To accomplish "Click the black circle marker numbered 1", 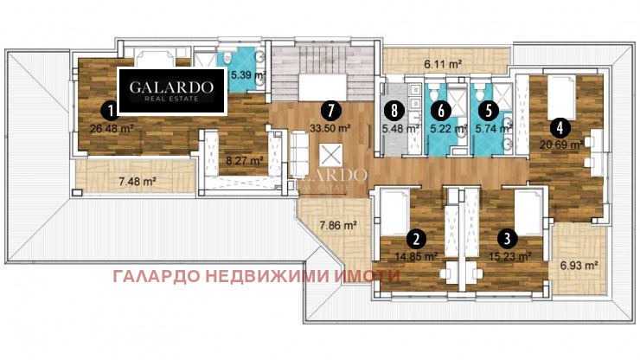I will click(x=109, y=110).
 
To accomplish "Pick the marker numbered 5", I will click(x=489, y=110).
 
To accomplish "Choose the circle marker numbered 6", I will click(x=441, y=110).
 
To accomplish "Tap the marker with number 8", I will click(x=394, y=110).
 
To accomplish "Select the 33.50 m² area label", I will click(x=330, y=129).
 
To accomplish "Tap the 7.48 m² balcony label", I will click(x=137, y=182).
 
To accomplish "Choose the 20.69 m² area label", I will click(x=560, y=144).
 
